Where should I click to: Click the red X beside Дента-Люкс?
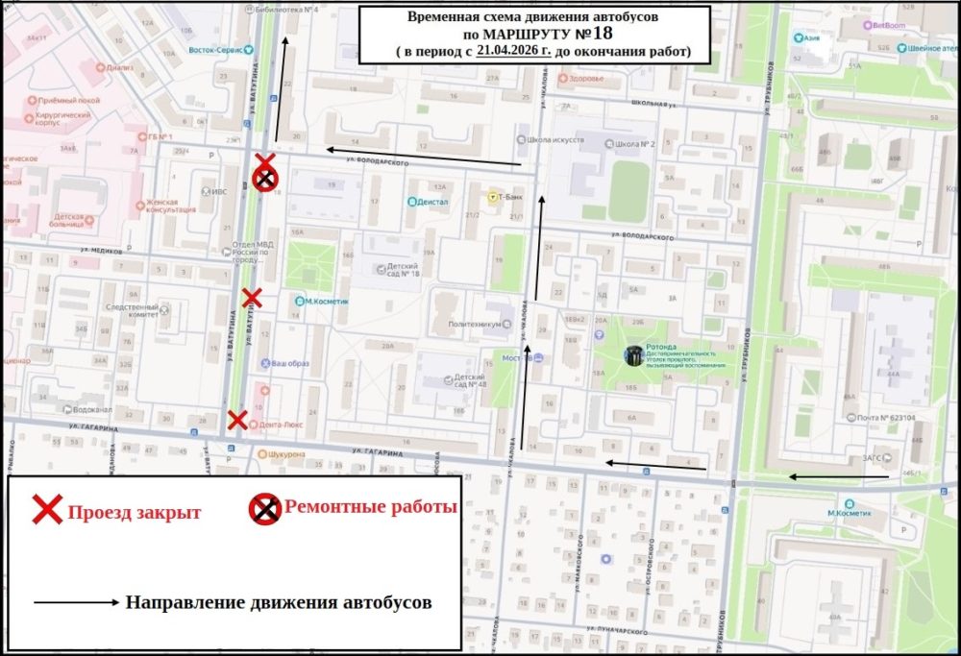(x=236, y=420)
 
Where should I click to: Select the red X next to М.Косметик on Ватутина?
(x=251, y=298)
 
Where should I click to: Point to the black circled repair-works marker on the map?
(x=265, y=179)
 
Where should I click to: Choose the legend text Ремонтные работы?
(x=370, y=507)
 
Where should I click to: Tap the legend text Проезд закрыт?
(x=134, y=512)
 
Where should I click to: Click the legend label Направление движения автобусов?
(x=279, y=603)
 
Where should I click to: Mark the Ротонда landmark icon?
(x=634, y=355)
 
